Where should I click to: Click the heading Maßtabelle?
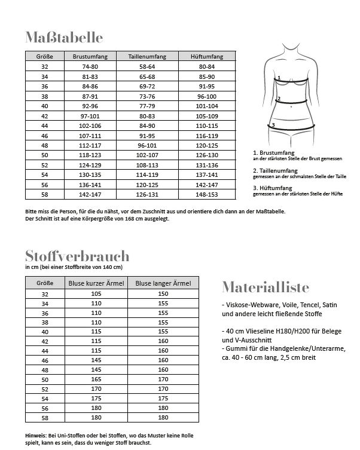[64, 38]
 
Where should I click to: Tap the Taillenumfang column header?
[147, 56]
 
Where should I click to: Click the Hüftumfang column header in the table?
[206, 56]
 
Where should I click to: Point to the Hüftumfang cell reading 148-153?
[206, 194]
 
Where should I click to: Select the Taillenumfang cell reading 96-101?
[147, 145]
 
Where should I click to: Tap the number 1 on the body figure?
[279, 78]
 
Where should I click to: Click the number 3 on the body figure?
[273, 125]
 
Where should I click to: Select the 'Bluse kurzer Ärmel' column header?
[96, 283]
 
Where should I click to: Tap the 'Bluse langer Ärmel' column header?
[163, 283]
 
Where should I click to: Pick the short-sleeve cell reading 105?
[96, 293]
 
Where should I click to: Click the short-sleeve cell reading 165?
[96, 379]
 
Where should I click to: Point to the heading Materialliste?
[265, 287]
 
